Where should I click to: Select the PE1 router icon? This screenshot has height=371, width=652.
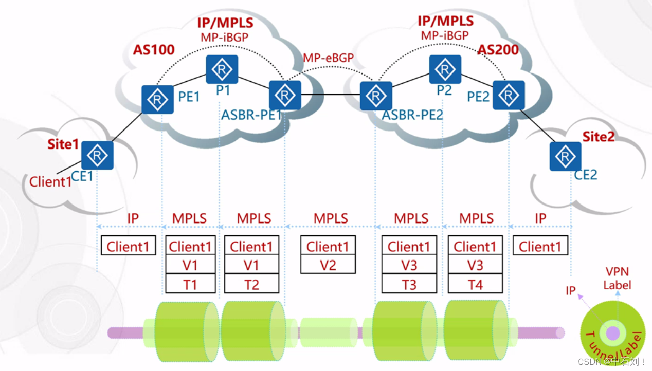[157, 99]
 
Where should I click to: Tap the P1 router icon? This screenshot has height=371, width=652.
[222, 69]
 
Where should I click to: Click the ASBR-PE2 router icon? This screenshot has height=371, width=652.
[375, 95]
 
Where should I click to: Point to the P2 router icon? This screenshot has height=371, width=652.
[445, 69]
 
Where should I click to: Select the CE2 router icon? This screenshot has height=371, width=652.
[565, 156]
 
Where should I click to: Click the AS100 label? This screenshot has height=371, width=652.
[154, 50]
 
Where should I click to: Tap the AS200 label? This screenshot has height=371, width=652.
[498, 50]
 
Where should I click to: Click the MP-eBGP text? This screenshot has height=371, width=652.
[328, 58]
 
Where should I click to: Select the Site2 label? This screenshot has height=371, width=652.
[599, 137]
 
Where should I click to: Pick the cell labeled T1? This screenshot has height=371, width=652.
[190, 284]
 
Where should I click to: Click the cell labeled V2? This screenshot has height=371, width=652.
[328, 265]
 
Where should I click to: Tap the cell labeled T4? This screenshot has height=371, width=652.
[475, 284]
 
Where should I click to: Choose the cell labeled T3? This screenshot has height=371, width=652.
[409, 284]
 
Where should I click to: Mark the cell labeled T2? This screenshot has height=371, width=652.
[251, 284]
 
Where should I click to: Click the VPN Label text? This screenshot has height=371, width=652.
[617, 278]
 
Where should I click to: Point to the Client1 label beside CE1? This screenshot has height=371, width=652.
[50, 181]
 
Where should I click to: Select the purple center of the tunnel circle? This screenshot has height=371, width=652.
[612, 333]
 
